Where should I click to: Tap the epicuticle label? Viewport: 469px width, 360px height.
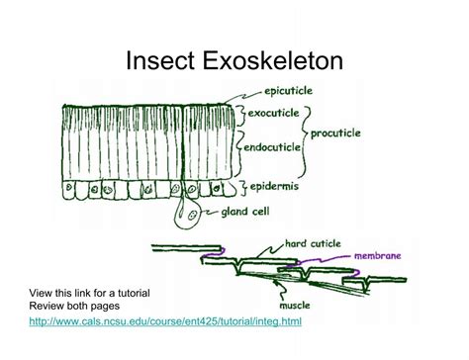tap(282, 90)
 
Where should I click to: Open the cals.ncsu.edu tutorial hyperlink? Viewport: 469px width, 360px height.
tap(165, 322)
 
